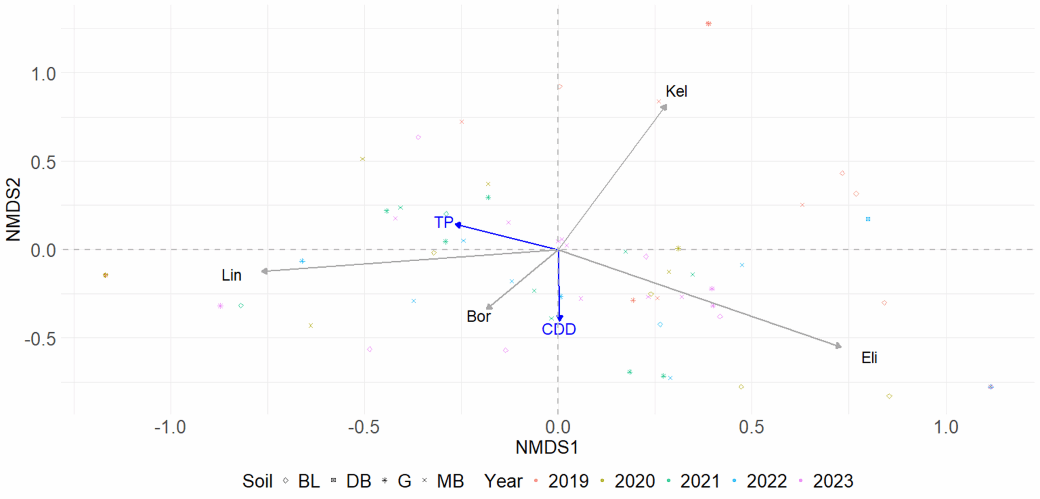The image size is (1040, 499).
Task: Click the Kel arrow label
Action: pos(676,91)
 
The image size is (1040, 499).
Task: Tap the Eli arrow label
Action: pos(869,358)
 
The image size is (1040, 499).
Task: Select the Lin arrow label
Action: pos(232,276)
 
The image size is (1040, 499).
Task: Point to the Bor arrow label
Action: pos(479,317)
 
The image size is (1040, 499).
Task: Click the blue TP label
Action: pos(443,222)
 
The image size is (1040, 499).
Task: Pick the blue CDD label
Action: pos(559,329)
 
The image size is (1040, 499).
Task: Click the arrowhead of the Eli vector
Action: pos(838,346)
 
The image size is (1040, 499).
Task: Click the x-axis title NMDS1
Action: pos(547,448)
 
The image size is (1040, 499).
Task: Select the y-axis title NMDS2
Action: pos(13,210)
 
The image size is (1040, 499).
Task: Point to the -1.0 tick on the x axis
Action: pos(170,427)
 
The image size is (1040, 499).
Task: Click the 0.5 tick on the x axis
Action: pos(751,427)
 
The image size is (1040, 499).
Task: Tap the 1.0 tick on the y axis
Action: pos(43,74)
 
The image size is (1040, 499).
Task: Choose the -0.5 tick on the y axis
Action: pos(40,338)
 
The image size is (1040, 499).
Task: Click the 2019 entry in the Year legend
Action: pos(568,482)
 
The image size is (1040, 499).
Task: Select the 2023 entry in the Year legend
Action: pos(832,482)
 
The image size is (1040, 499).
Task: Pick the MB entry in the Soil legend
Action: pos(450,482)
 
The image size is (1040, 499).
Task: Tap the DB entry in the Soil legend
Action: pos(358,482)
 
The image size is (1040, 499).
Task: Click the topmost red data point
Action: pos(708,24)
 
